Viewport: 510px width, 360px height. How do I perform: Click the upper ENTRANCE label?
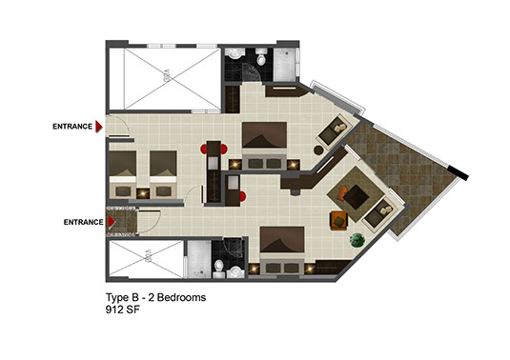tap(72, 127)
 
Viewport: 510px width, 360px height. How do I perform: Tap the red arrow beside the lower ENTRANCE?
tap(112, 222)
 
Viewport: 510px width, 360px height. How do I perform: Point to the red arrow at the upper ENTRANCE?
tap(98, 127)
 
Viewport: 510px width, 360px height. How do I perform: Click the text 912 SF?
tap(123, 310)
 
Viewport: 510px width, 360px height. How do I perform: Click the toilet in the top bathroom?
tap(261, 57)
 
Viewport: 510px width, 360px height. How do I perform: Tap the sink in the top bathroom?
tap(235, 53)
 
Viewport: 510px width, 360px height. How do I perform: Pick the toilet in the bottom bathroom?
tap(219, 269)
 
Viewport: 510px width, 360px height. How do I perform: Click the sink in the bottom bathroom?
tap(235, 272)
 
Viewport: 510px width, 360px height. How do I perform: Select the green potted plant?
tap(357, 240)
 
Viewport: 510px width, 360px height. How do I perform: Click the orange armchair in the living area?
tap(338, 221)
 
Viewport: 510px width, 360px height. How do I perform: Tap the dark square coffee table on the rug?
tap(357, 197)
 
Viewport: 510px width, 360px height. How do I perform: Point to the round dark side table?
tap(318, 150)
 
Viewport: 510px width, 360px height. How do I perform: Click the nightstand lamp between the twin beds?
tap(143, 193)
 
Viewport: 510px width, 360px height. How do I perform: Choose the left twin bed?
tap(122, 174)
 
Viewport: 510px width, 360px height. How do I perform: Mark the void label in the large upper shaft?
tap(166, 77)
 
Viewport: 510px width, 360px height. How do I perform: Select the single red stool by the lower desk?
tap(242, 196)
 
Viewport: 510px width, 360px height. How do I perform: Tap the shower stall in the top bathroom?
tap(285, 65)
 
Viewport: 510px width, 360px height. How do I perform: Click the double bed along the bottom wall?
tap(282, 251)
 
